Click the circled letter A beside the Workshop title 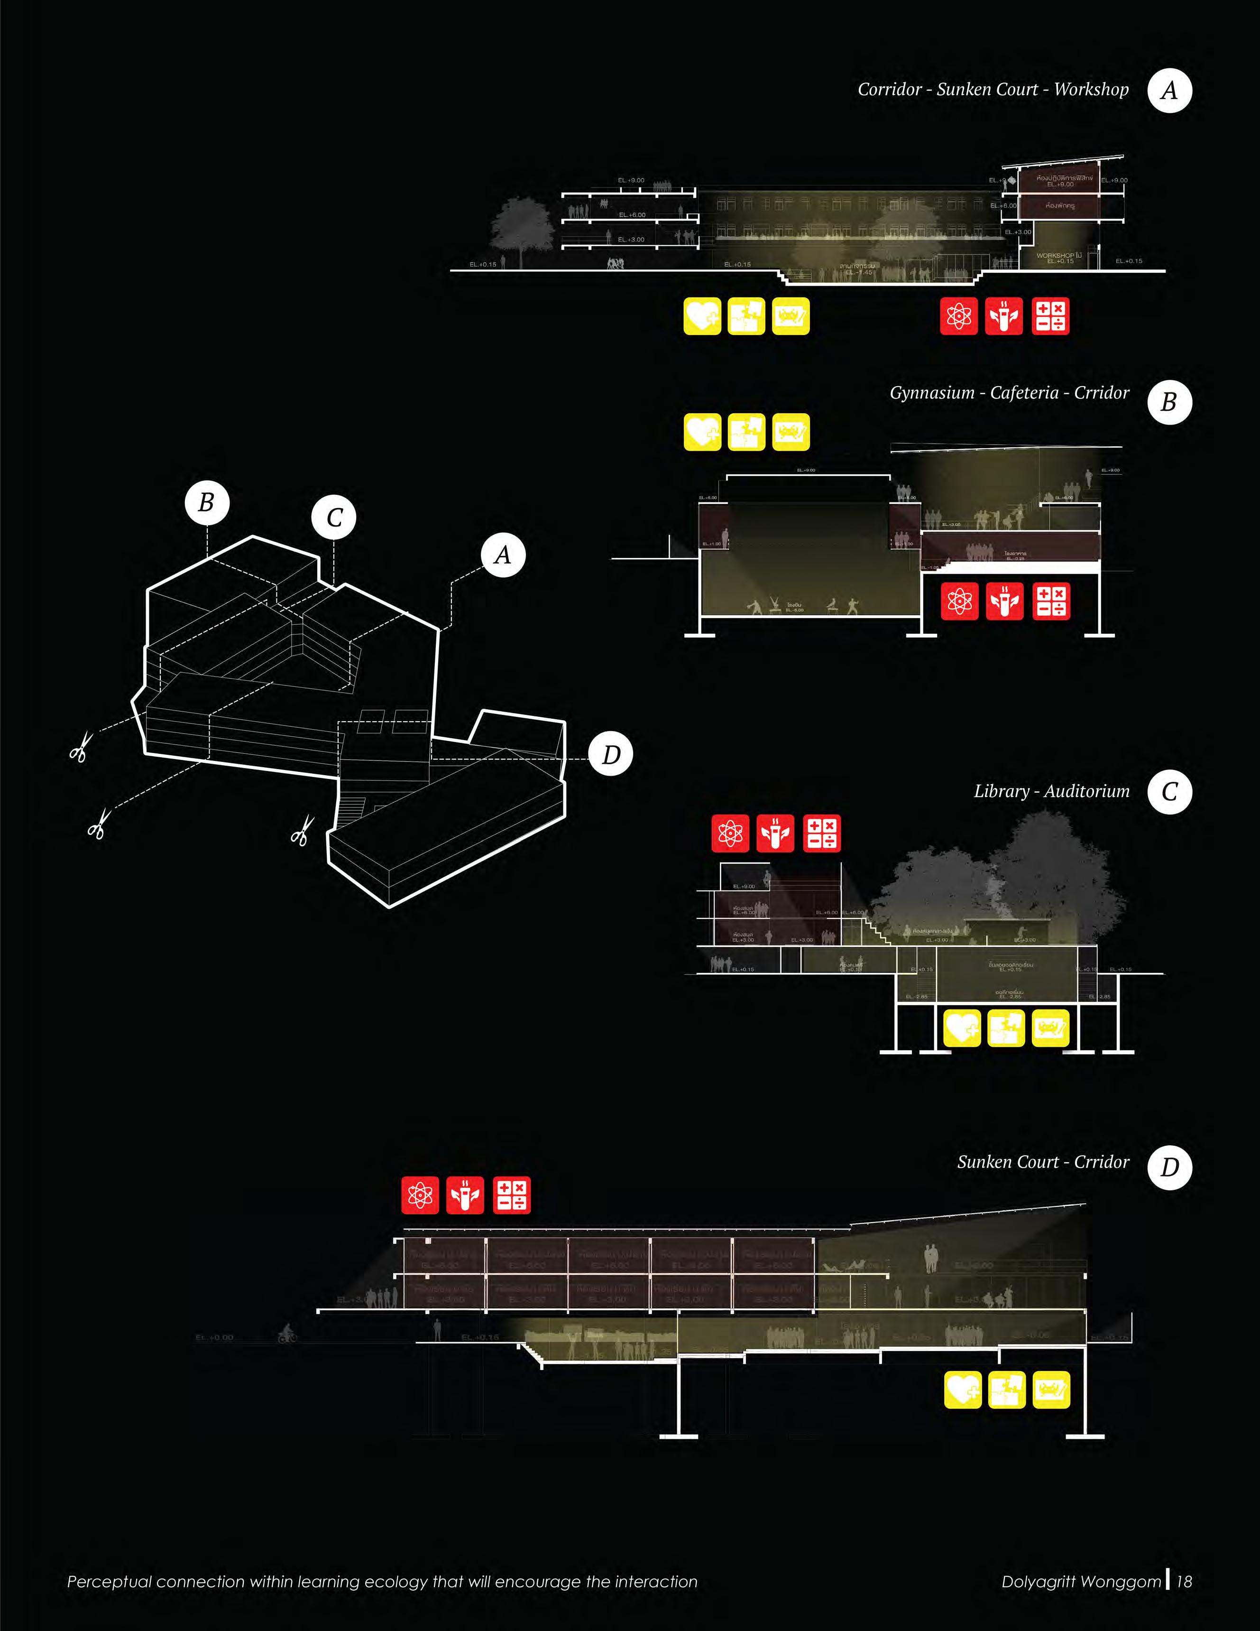(1169, 90)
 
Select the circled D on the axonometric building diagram (611, 755)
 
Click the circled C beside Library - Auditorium (1169, 792)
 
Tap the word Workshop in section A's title (1091, 90)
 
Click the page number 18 (1184, 1582)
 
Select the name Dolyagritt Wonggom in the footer (1081, 1582)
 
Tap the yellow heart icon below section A (702, 316)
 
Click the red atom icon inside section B (959, 601)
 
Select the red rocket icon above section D (465, 1195)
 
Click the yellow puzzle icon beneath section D (1006, 1390)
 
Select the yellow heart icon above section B (702, 432)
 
